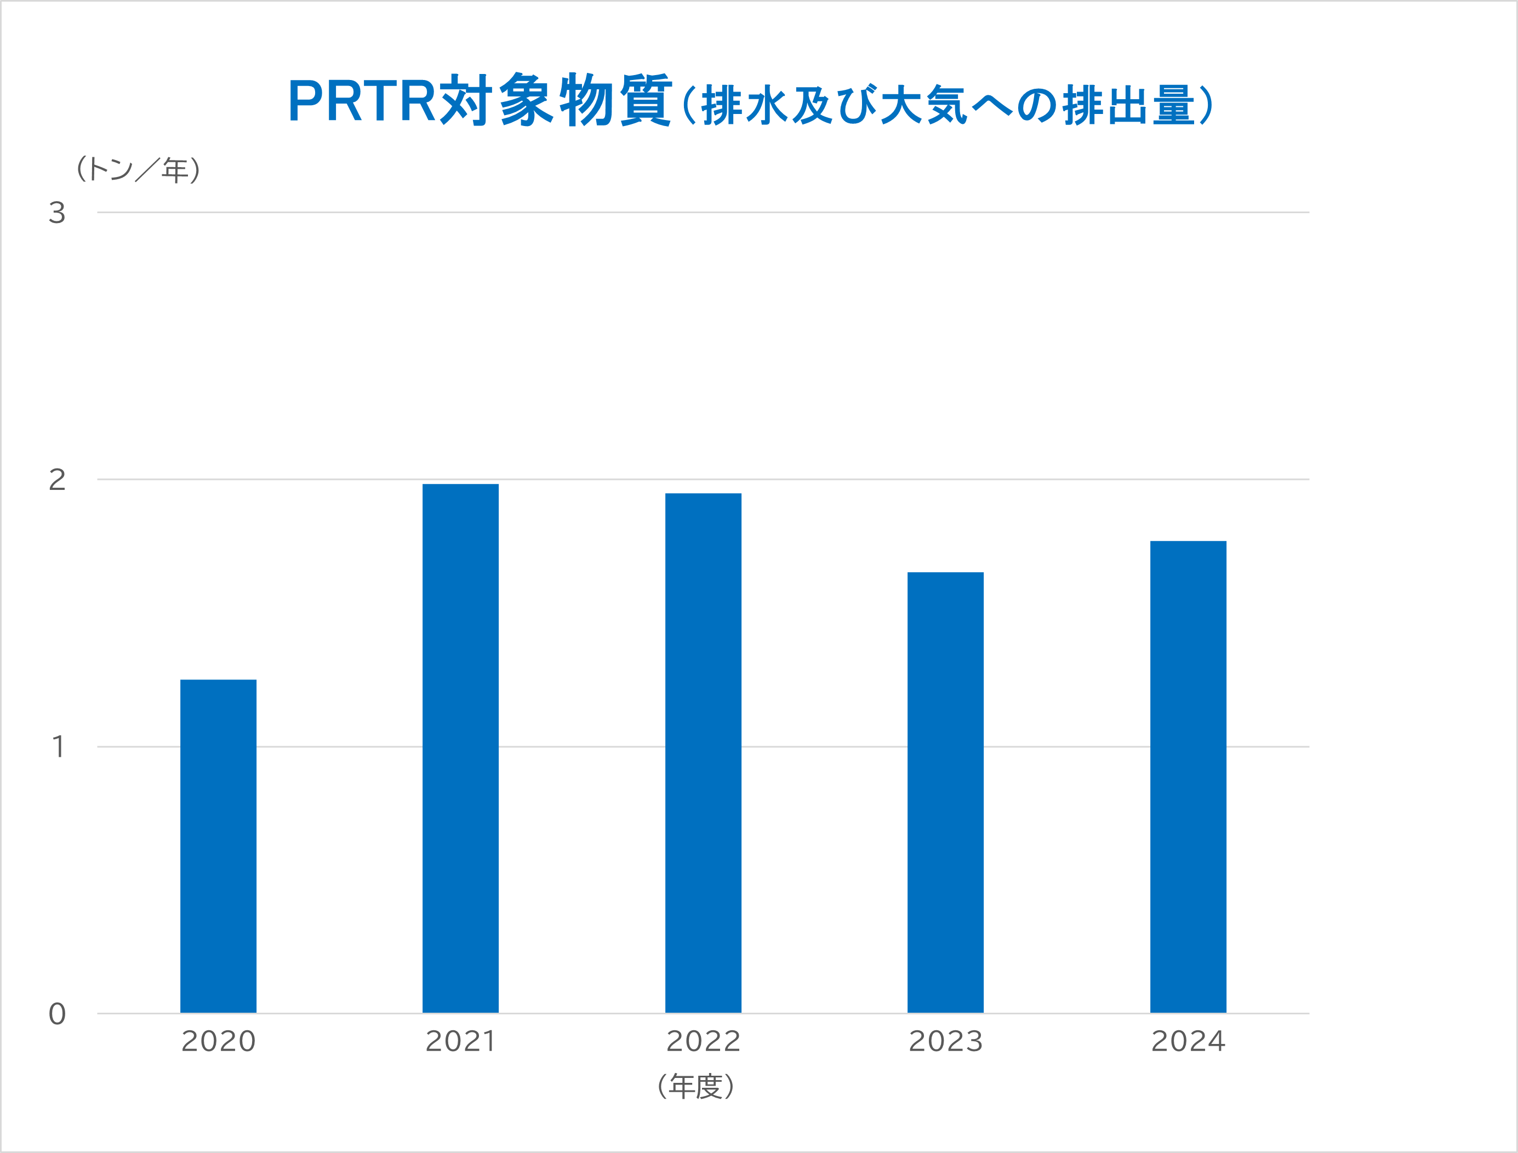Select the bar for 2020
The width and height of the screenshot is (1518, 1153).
coord(218,846)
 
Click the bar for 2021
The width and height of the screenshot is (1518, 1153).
coord(460,748)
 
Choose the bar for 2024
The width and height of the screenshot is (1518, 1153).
coord(1188,777)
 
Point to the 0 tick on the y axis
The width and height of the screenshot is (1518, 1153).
coord(57,1014)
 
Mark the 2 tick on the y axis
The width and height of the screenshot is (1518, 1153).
coord(57,480)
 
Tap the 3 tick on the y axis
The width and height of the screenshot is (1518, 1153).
coord(57,213)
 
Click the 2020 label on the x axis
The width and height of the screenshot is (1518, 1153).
coord(218,1042)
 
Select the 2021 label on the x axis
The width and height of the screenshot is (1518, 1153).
coord(460,1042)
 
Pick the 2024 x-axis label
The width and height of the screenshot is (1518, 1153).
coord(1188,1042)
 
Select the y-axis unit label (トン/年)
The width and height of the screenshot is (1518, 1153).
coord(138,169)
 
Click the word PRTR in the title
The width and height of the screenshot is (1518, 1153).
coord(362,101)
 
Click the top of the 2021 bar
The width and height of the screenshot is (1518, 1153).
coord(460,485)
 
